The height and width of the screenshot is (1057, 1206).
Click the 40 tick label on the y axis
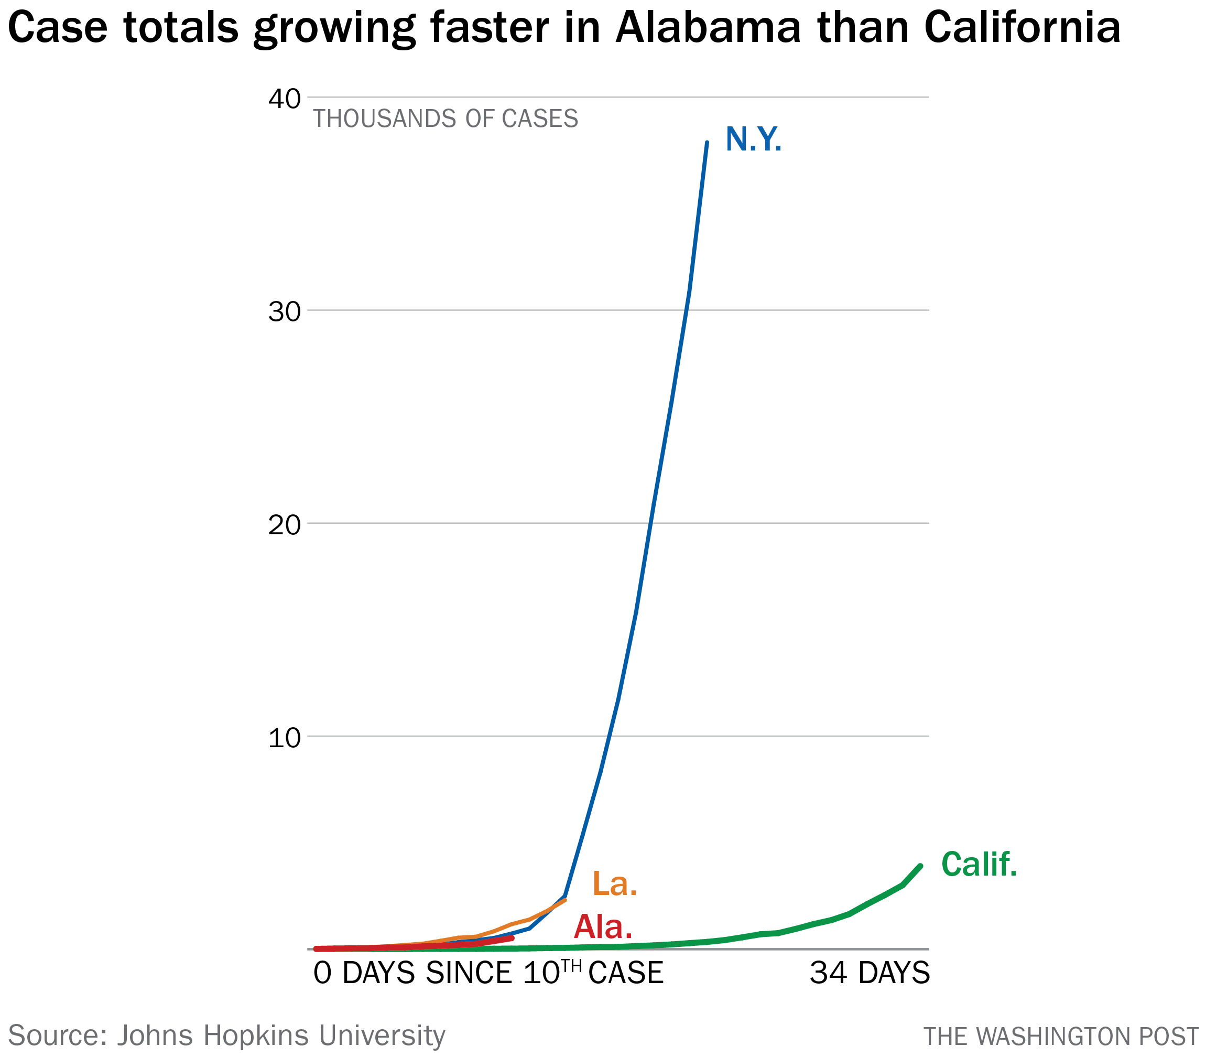pyautogui.click(x=284, y=99)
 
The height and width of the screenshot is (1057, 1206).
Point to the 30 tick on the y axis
pyautogui.click(x=284, y=312)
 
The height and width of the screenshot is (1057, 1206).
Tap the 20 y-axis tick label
pyautogui.click(x=284, y=525)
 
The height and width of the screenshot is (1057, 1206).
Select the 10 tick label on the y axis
pyautogui.click(x=284, y=738)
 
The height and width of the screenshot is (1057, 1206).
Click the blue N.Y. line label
pyautogui.click(x=753, y=140)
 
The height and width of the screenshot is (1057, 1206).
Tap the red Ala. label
pyautogui.click(x=603, y=926)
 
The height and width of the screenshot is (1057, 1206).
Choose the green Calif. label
pyautogui.click(x=979, y=865)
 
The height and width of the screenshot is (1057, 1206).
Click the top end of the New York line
pyautogui.click(x=707, y=143)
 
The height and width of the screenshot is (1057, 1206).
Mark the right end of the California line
pyautogui.click(x=920, y=865)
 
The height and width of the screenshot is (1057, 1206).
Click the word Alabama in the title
pyautogui.click(x=708, y=28)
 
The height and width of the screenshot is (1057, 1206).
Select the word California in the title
pyautogui.click(x=1022, y=28)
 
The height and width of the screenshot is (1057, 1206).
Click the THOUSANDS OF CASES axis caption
pyautogui.click(x=446, y=119)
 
